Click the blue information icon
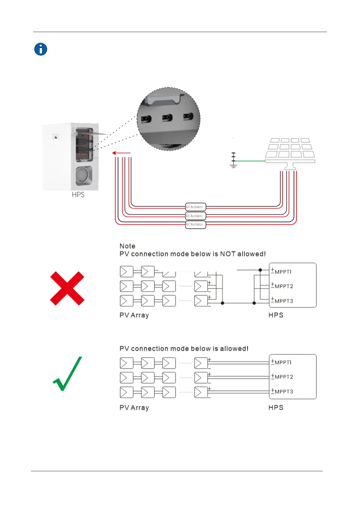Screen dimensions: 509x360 pyautogui.click(x=41, y=49)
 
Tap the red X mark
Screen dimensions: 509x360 pyautogui.click(x=67, y=288)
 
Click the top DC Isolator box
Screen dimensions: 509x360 pyautogui.click(x=195, y=207)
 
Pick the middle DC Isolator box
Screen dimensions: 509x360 pyautogui.click(x=195, y=216)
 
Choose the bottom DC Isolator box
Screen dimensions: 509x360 pyautogui.click(x=195, y=225)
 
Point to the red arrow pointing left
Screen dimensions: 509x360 pyautogui.click(x=121, y=153)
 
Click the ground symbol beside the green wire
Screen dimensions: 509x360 pyautogui.click(x=233, y=160)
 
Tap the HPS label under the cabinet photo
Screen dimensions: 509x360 pyautogui.click(x=78, y=195)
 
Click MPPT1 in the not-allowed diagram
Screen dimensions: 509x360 pyautogui.click(x=283, y=272)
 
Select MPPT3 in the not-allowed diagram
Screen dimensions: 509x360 pyautogui.click(x=284, y=301)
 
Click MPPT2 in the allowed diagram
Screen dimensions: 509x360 pyautogui.click(x=284, y=377)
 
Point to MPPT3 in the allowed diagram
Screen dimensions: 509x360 pyautogui.click(x=284, y=392)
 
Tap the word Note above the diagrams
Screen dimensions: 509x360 pyautogui.click(x=127, y=246)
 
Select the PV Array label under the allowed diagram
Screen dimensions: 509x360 pyautogui.click(x=134, y=408)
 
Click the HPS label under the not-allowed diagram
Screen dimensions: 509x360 pyautogui.click(x=276, y=315)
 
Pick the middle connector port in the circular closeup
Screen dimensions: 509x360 pyautogui.click(x=167, y=118)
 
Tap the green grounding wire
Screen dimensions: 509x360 pyautogui.click(x=250, y=161)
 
